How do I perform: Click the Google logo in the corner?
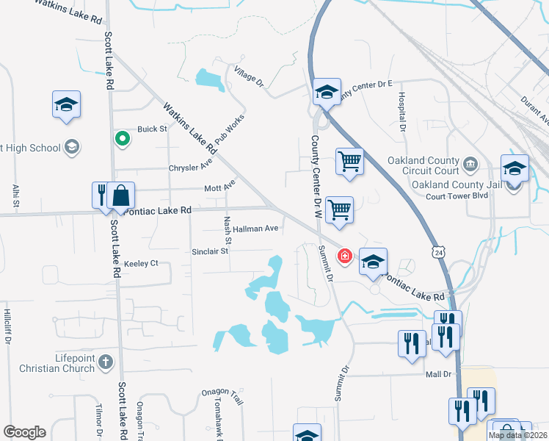point(24,432)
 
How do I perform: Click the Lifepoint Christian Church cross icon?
point(106,362)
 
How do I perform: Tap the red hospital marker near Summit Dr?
point(343,256)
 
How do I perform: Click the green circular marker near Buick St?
point(123,137)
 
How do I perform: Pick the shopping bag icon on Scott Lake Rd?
point(121,196)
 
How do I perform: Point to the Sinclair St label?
point(211,251)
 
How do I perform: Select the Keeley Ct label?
point(141,263)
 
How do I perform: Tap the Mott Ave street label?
point(219,188)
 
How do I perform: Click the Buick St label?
point(153,129)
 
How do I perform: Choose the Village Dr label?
point(249,76)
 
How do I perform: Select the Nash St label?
point(228,230)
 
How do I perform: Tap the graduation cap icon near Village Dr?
point(327,92)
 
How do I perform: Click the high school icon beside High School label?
point(72,148)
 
